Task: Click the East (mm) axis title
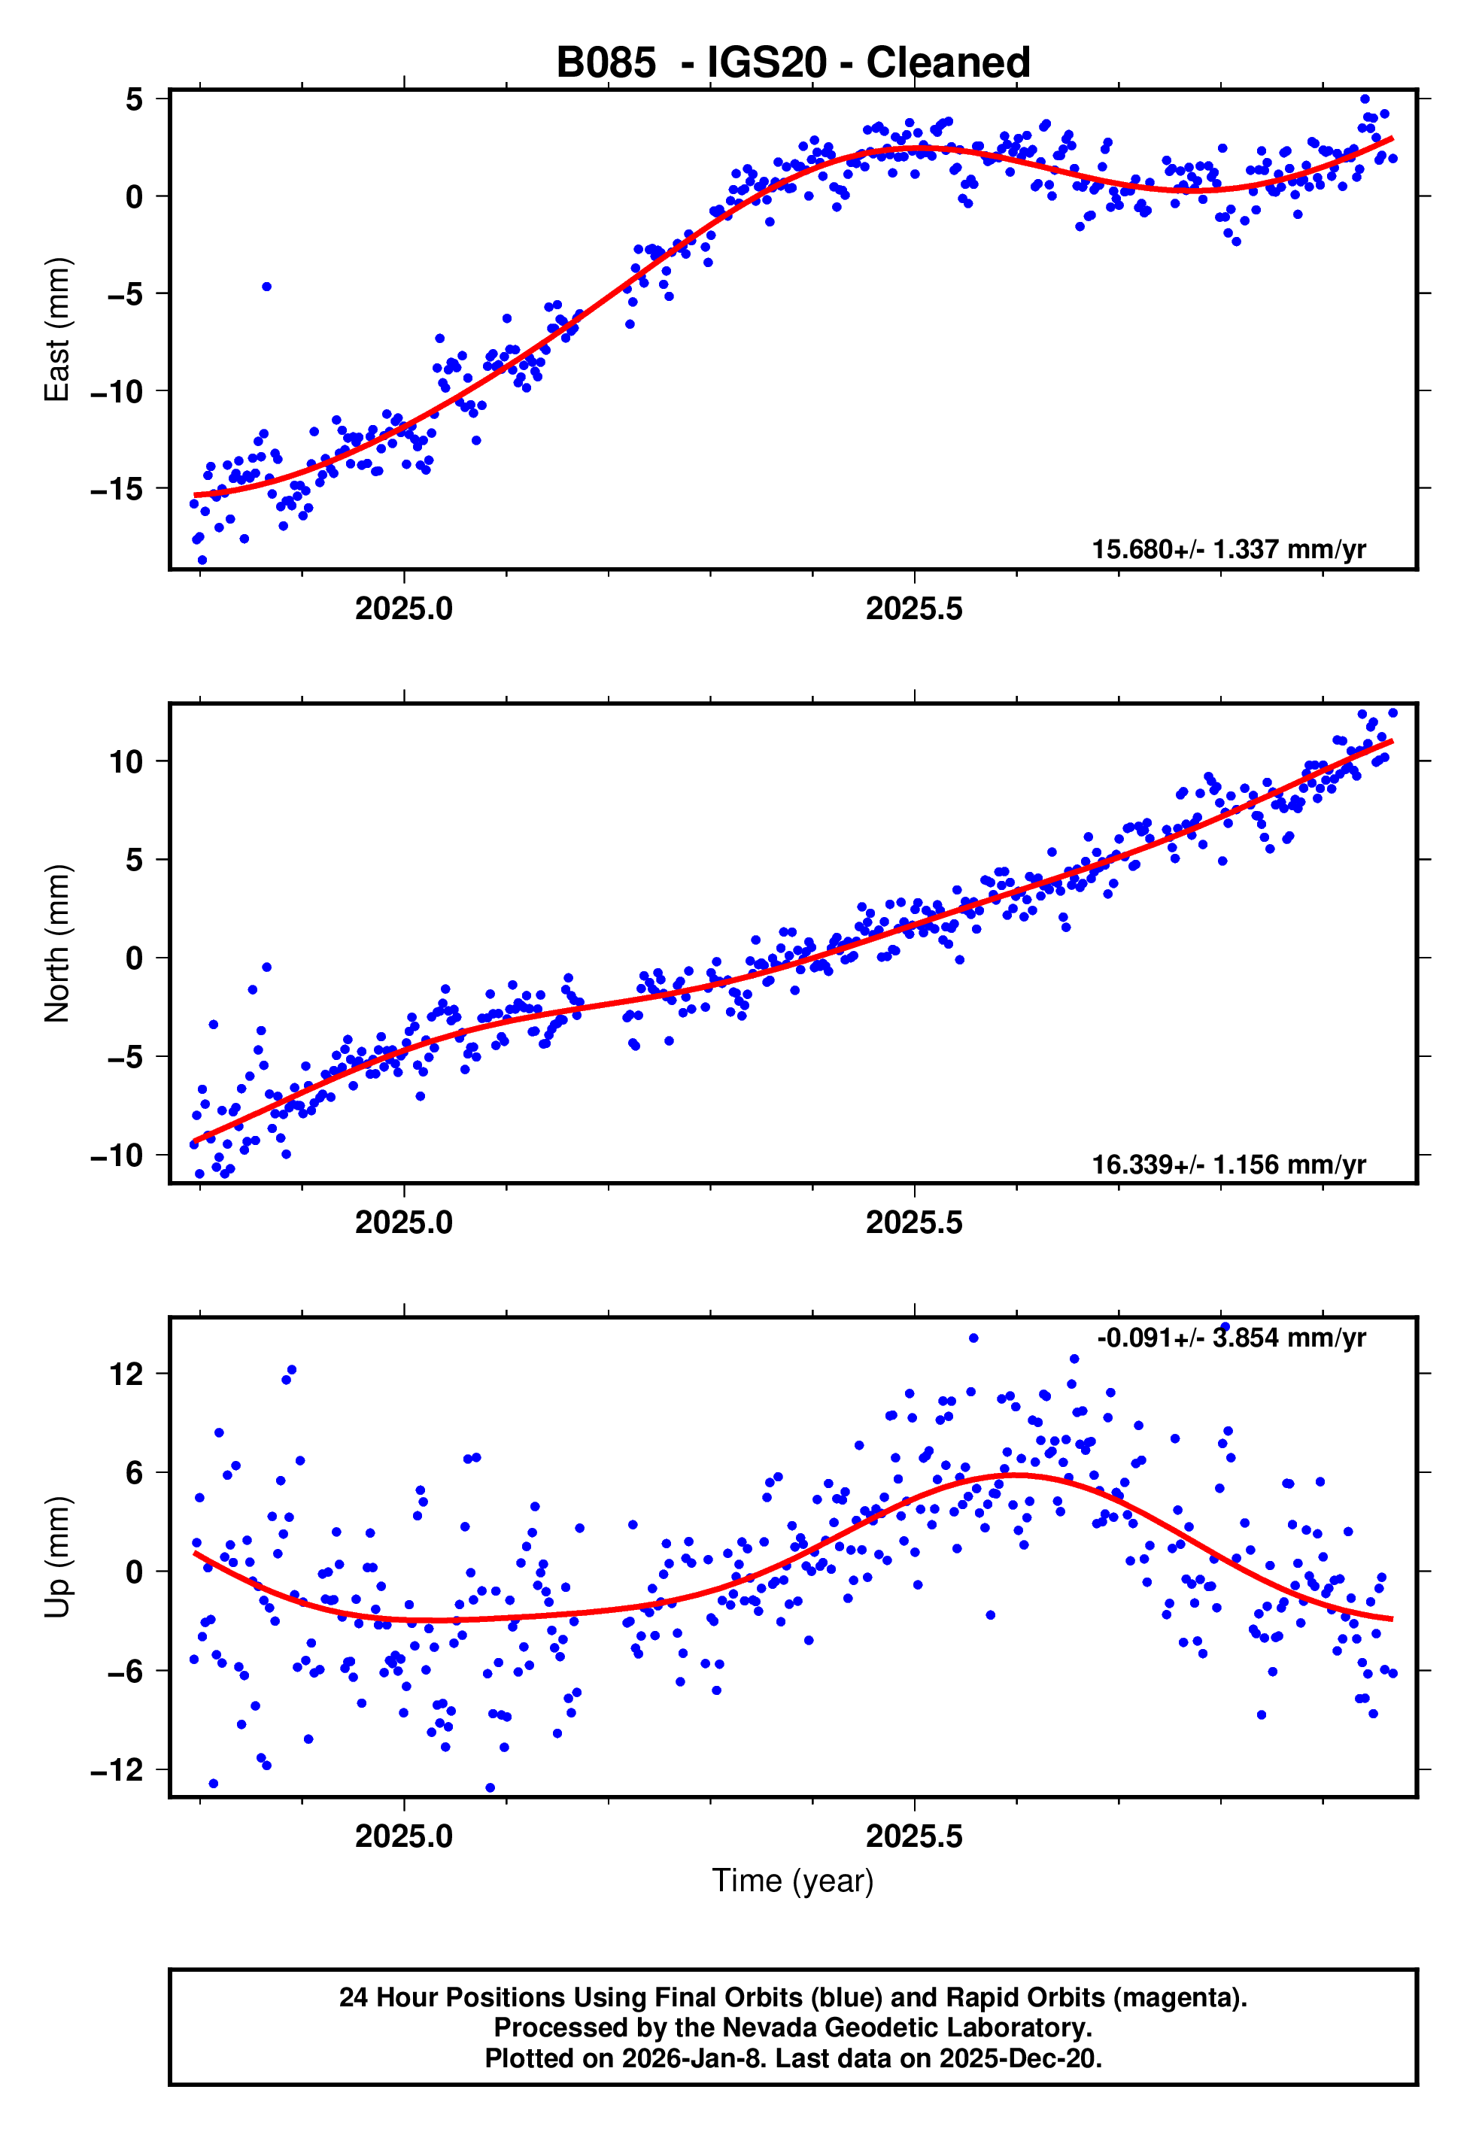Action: click(x=57, y=330)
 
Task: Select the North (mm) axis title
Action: click(x=57, y=943)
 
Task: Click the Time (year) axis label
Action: click(x=793, y=1881)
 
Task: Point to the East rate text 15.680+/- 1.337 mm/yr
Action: click(x=1228, y=549)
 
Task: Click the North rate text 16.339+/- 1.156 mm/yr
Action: click(x=1228, y=1164)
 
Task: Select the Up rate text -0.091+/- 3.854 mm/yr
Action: click(x=1231, y=1338)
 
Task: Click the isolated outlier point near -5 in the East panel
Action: click(x=266, y=287)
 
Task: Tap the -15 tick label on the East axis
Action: click(x=117, y=489)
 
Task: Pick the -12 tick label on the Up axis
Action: click(x=117, y=1769)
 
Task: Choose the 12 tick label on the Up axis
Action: click(x=126, y=1374)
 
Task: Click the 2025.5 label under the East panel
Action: click(x=914, y=609)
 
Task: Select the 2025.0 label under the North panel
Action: click(x=404, y=1222)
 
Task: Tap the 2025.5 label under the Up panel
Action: click(x=914, y=1836)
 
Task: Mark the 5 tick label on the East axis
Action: click(x=135, y=99)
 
